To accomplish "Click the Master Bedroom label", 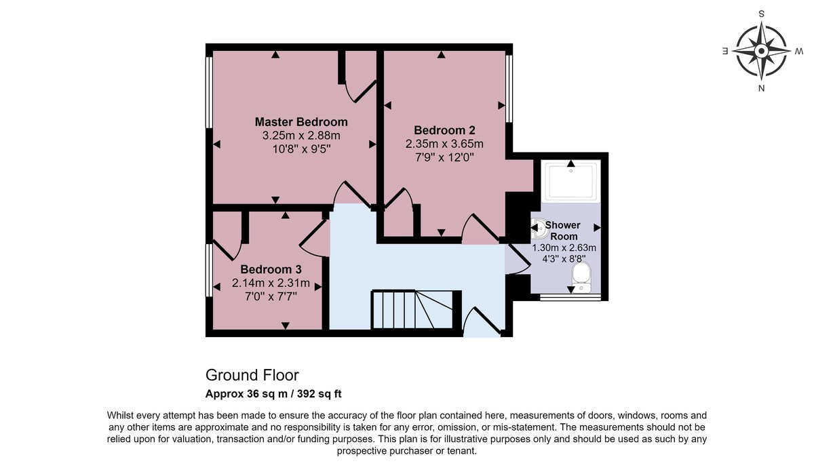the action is (301, 121).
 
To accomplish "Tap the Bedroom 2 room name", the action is (444, 130).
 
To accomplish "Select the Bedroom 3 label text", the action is (271, 269).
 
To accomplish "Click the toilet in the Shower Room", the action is (581, 277).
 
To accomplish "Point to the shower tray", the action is (571, 181).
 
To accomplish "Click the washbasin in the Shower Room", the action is (539, 228).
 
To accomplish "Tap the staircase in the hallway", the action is (412, 309).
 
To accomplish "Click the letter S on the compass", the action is (761, 14).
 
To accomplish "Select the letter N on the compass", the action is (761, 88).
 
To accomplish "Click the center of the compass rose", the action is (761, 51).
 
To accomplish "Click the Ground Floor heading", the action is (252, 375).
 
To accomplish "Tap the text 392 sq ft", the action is (319, 394).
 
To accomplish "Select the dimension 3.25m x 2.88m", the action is (301, 136).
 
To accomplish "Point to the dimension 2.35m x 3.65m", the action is (444, 144).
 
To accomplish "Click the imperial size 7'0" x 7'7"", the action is (271, 297).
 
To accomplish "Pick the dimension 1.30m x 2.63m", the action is (564, 248).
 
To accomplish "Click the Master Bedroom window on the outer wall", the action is (209, 92).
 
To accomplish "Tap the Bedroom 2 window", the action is (509, 89).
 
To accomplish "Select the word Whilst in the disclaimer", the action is (121, 415).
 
